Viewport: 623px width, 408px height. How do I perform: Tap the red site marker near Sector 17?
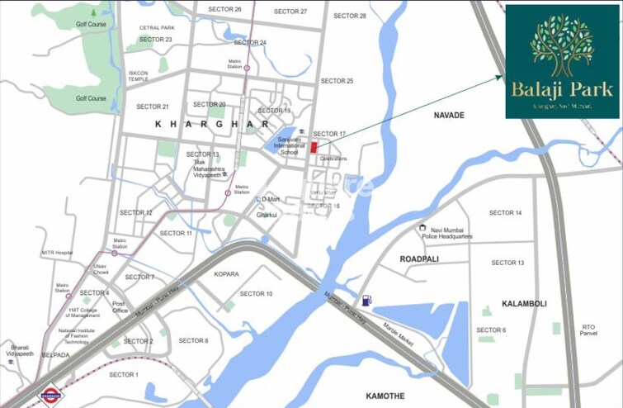[x=314, y=147]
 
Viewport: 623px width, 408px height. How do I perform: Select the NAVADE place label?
[x=450, y=115]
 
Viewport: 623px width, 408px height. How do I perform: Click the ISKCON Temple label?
[x=138, y=75]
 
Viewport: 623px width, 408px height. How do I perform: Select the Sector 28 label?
[x=350, y=16]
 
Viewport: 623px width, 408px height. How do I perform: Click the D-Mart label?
[x=271, y=199]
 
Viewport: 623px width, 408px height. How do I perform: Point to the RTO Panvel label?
[x=588, y=330]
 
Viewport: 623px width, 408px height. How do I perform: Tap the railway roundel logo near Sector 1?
[x=51, y=396]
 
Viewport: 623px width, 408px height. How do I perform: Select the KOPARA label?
[x=226, y=273]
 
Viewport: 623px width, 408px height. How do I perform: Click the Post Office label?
[x=120, y=307]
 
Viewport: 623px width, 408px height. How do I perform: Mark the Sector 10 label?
[x=256, y=293]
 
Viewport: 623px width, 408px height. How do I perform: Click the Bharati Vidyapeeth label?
[x=20, y=350]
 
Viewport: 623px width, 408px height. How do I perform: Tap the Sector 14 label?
[x=505, y=213]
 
